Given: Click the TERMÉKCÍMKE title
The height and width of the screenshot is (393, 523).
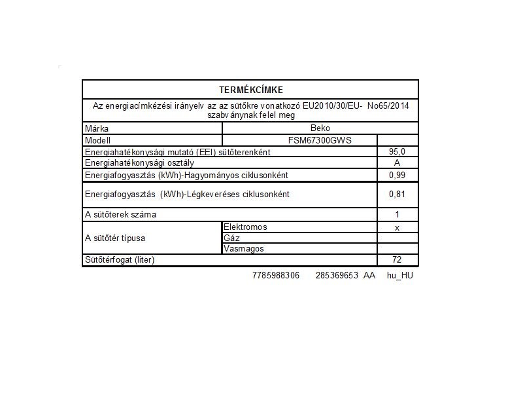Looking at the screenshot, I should click(250, 90).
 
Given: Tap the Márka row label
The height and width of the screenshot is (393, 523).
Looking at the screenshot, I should click(97, 129).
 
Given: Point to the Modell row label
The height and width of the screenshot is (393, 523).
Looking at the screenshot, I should click(99, 140).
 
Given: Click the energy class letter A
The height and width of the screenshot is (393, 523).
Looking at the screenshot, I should click(397, 163).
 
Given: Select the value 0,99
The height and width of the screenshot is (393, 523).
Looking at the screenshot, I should click(397, 175).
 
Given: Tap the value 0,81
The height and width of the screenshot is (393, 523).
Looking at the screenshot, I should click(397, 194).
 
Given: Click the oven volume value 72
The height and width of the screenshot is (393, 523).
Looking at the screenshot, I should click(397, 260).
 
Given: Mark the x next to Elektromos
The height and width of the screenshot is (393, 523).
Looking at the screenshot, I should click(397, 227).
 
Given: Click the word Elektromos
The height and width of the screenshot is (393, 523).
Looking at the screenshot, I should click(245, 227).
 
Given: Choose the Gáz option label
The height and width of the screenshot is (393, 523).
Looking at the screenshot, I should click(231, 238).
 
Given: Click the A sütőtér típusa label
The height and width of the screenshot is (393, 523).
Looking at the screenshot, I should click(114, 238).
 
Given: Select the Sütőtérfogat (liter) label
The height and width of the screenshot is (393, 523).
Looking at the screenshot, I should click(120, 260).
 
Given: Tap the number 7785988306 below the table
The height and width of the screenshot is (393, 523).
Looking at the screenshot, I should click(275, 276).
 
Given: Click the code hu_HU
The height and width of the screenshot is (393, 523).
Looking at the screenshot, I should click(400, 276).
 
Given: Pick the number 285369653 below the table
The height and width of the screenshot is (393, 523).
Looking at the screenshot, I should click(337, 276).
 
